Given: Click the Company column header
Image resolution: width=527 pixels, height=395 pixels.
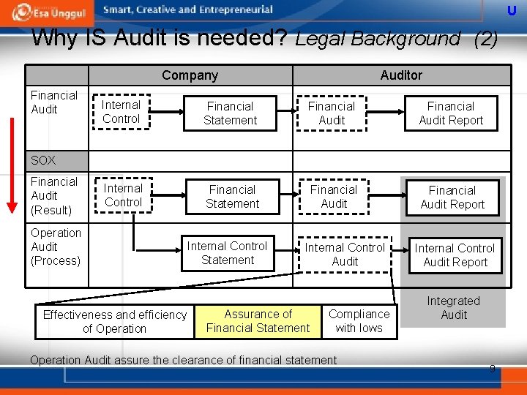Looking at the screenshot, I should (190, 75).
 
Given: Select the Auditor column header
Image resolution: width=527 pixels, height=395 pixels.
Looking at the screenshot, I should (401, 75).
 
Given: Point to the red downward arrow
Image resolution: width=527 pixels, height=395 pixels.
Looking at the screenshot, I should (10, 161).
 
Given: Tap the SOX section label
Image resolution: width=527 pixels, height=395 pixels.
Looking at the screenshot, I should (43, 160).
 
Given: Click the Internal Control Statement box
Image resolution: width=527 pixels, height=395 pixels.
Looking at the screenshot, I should (227, 253).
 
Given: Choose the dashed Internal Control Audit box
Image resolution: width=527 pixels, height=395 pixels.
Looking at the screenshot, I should (345, 254).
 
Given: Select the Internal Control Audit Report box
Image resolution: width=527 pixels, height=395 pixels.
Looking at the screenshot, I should (455, 255).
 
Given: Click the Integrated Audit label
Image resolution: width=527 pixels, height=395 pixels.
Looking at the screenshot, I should (453, 308).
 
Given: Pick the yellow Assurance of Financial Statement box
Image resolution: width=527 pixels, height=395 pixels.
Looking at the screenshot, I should (258, 321).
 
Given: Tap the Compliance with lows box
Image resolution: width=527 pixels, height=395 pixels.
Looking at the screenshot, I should (359, 321).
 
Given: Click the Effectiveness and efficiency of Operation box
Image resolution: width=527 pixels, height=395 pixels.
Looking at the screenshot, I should (115, 321).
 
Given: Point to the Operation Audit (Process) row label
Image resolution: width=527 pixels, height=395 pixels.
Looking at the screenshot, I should (56, 247).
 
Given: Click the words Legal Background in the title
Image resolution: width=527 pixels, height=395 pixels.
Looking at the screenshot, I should (378, 39).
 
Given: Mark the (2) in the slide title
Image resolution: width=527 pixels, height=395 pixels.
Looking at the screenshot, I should (486, 39).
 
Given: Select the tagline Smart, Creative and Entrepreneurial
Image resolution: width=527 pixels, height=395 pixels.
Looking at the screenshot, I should (188, 10).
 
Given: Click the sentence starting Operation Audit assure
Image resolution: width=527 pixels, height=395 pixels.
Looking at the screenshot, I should (183, 360).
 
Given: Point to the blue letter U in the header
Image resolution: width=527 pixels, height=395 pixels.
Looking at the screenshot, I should (512, 10).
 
